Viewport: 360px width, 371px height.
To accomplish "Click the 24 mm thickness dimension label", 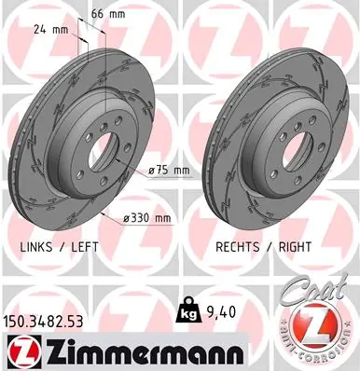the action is tap(50, 30).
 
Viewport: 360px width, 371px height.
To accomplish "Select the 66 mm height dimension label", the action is tap(108, 14).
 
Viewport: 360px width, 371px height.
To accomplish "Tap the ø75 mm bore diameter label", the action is tap(169, 171).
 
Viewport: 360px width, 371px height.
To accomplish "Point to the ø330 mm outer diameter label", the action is tap(147, 218).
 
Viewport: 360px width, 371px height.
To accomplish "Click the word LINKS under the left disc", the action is tap(36, 247).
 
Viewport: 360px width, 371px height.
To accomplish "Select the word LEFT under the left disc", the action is tap(85, 247).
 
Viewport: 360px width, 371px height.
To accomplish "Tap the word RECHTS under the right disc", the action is tap(238, 247).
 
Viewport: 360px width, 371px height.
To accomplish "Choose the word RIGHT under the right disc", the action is tap(295, 247).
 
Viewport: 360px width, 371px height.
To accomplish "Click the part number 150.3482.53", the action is tap(43, 322).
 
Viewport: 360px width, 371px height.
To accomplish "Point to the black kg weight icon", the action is tap(187, 310).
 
